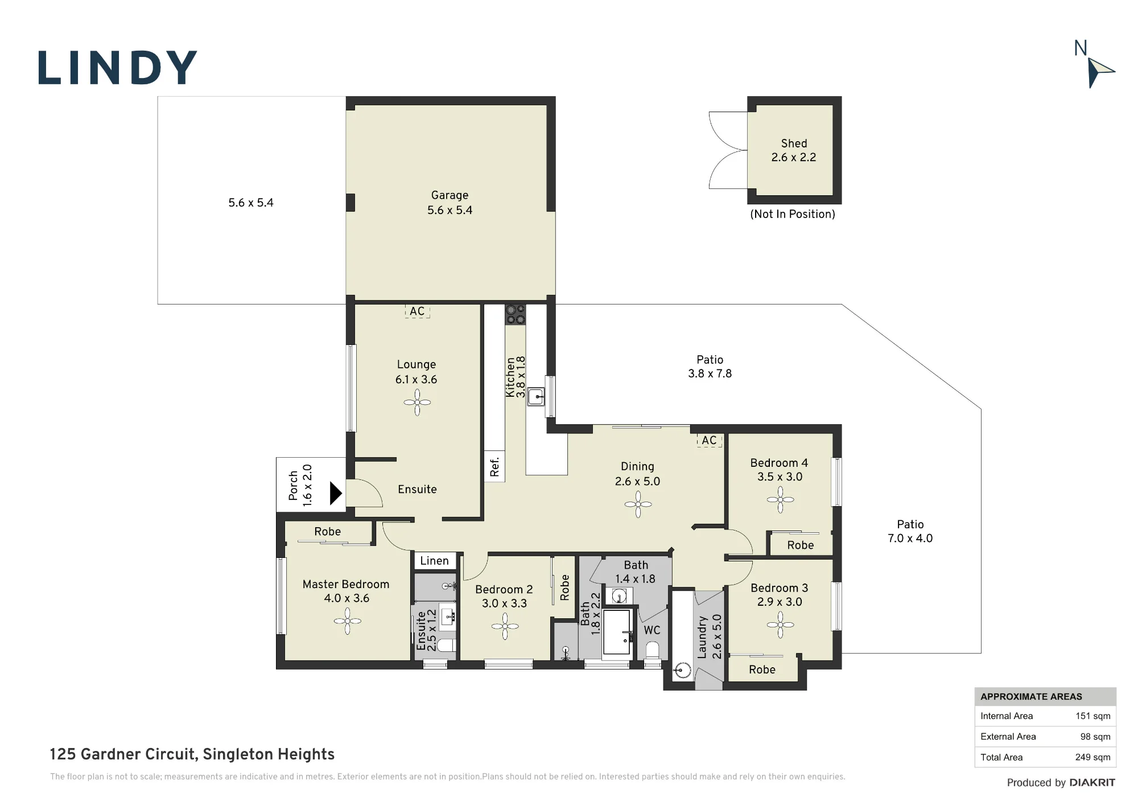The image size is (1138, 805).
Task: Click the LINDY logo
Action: click(x=117, y=68)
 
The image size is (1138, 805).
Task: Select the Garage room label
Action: click(x=450, y=195)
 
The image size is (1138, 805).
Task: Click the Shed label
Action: click(x=794, y=143)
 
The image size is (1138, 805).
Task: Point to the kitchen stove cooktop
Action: click(x=516, y=315)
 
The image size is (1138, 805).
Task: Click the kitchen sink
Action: click(x=535, y=396)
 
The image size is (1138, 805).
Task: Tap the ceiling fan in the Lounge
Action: click(x=417, y=402)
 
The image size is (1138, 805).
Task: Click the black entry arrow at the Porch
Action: click(x=336, y=493)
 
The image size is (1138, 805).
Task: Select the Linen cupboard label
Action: click(x=434, y=561)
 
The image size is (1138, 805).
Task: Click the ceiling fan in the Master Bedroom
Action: click(x=347, y=621)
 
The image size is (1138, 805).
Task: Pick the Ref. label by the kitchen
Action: click(x=494, y=467)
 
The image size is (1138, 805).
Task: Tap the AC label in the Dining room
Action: click(x=709, y=440)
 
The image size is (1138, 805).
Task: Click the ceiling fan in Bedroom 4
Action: click(x=780, y=500)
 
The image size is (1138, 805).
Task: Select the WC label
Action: click(x=652, y=630)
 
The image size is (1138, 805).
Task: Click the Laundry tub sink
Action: click(x=682, y=671)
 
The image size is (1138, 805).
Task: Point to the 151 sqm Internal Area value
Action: click(x=1092, y=716)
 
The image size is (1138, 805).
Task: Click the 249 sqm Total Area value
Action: click(x=1092, y=757)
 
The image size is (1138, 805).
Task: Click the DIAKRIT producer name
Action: click(x=1092, y=783)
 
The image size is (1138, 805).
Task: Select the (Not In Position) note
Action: click(x=793, y=214)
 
